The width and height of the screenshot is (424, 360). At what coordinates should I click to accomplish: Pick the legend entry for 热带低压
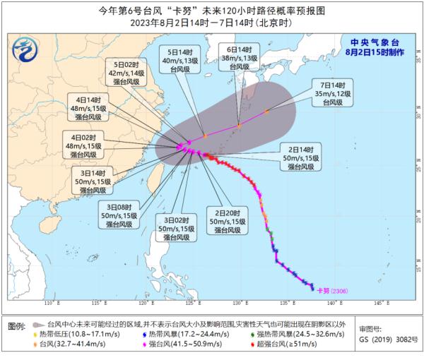tap(78, 333)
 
